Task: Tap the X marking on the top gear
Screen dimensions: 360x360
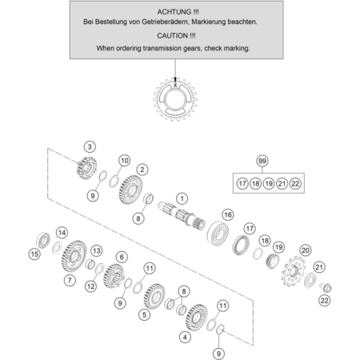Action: (x=175, y=85)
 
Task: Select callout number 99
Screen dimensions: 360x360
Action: (x=262, y=161)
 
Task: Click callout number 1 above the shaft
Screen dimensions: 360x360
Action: (x=182, y=198)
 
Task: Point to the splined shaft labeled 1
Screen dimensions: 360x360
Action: (x=182, y=215)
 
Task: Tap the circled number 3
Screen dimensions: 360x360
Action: (x=90, y=146)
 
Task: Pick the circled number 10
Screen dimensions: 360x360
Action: (x=125, y=161)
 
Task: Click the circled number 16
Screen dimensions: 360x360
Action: (x=228, y=214)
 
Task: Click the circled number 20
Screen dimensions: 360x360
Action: (x=306, y=250)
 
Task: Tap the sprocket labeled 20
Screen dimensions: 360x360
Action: (x=293, y=271)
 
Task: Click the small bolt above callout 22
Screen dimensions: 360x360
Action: (x=326, y=287)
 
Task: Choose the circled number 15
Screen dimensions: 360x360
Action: (x=34, y=254)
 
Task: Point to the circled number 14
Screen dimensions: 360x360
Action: (x=62, y=233)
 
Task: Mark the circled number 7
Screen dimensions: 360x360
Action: (x=70, y=280)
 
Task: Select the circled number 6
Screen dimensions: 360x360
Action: (x=122, y=257)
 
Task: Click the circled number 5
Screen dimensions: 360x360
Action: (x=144, y=314)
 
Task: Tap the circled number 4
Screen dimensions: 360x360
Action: (x=185, y=338)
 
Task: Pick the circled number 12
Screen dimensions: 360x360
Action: (x=90, y=286)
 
